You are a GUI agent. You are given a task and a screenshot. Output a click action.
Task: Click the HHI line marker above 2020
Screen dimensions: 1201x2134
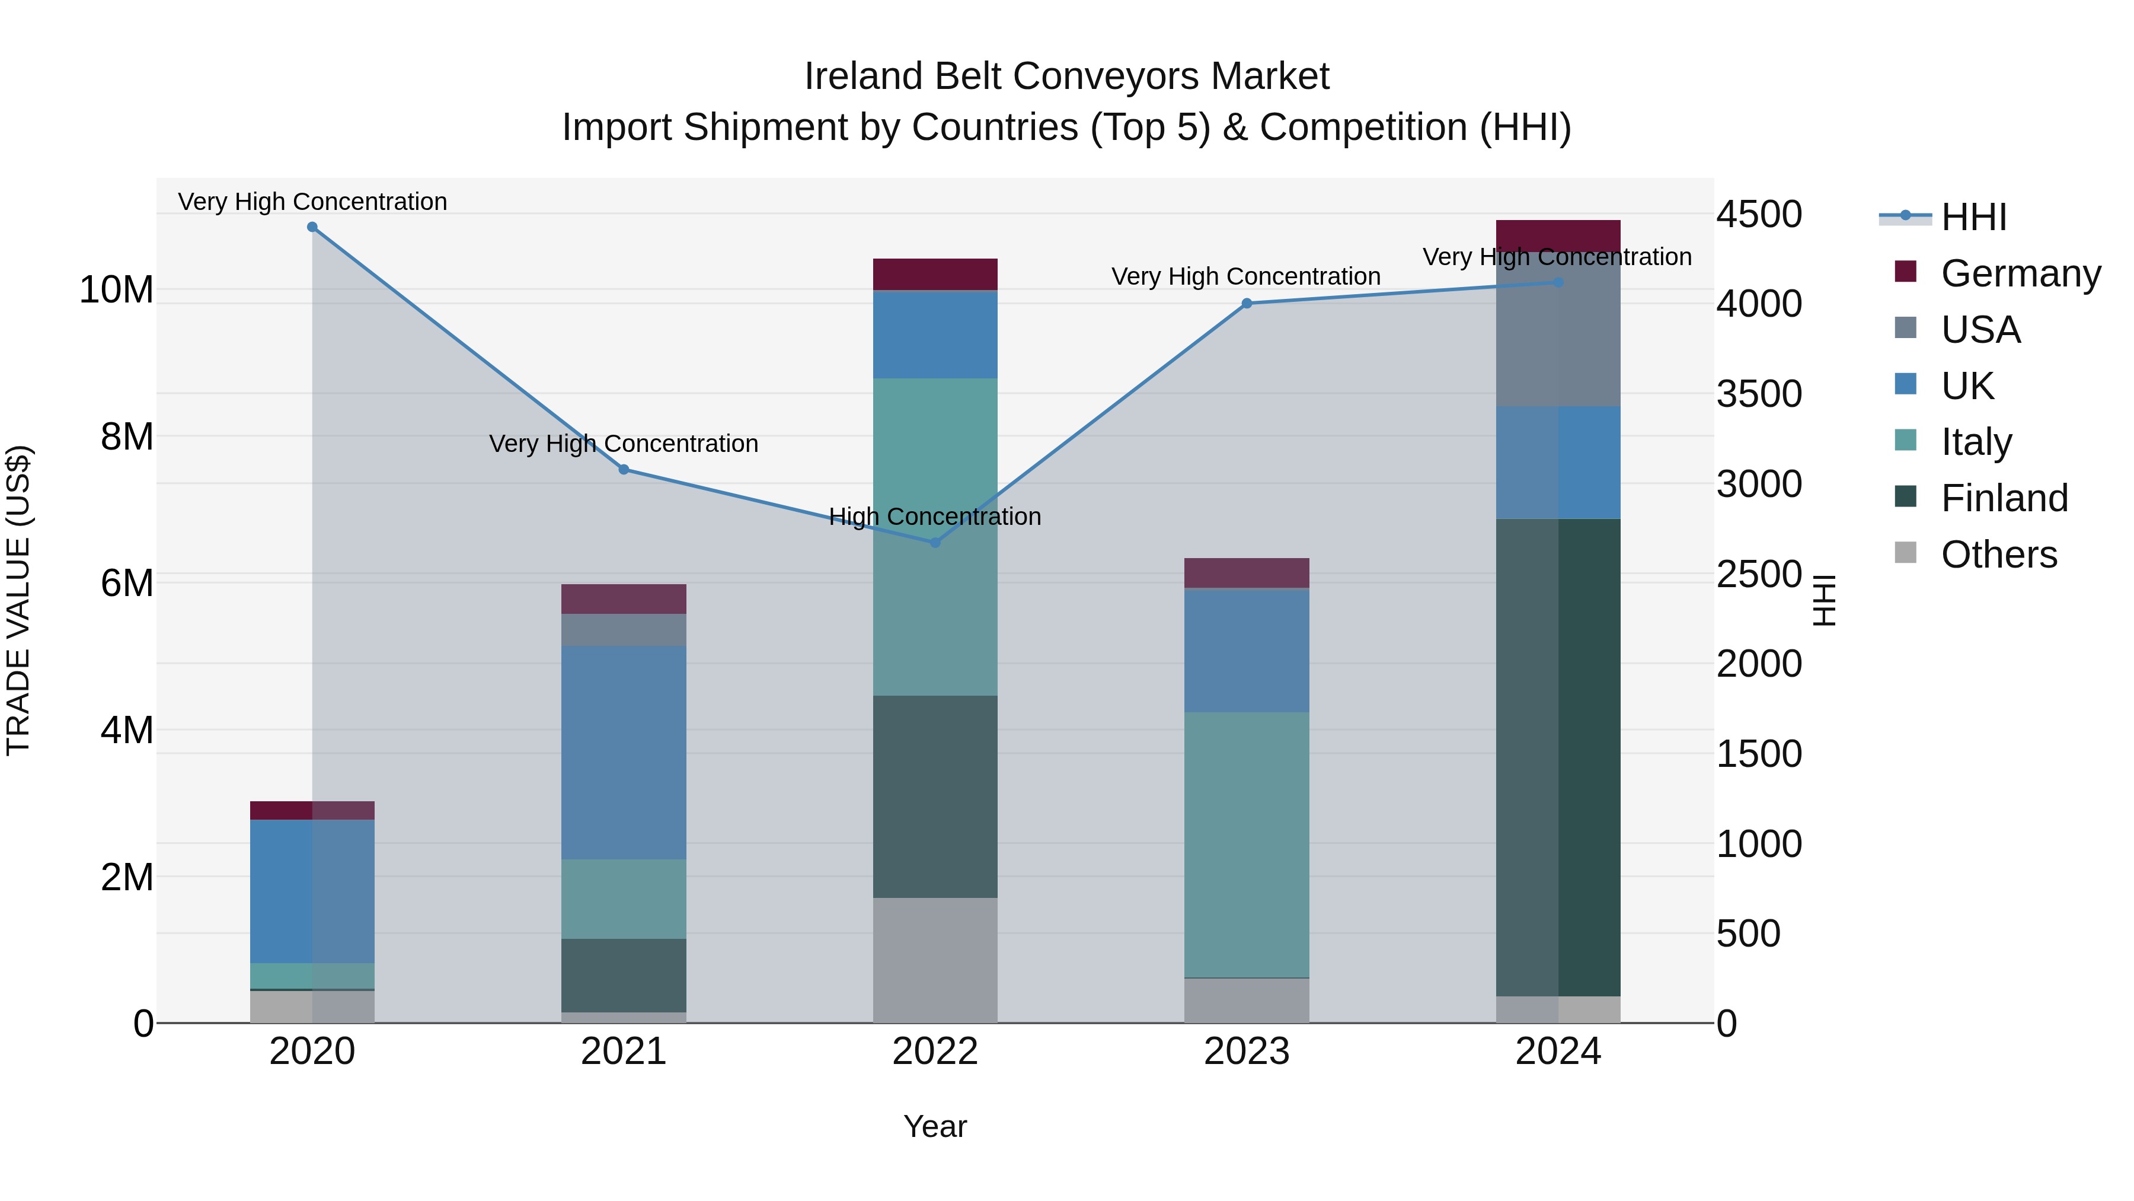pos(312,227)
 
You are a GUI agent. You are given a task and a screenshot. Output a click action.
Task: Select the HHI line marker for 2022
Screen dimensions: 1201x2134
pos(935,543)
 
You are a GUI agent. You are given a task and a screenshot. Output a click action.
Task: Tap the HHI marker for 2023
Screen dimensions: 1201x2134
pos(1247,303)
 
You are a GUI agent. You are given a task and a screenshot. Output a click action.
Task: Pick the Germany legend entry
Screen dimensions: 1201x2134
pos(2020,273)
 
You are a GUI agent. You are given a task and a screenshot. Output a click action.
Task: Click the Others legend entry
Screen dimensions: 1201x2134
pos(1998,555)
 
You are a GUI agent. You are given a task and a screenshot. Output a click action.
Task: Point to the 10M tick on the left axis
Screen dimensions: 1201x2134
pos(116,290)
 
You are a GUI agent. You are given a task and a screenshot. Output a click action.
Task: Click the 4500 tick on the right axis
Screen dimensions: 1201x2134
pos(1759,215)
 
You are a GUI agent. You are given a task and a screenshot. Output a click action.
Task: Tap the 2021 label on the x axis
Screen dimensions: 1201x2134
pos(623,1052)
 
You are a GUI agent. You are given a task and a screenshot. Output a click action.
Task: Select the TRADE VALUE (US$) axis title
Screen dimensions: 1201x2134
pos(18,600)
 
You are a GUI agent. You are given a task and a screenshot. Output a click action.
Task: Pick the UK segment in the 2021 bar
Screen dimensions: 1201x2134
pos(623,752)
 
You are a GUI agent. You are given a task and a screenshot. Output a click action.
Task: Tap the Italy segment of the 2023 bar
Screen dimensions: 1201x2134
pos(1246,845)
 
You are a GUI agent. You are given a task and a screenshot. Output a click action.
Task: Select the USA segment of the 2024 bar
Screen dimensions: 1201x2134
pos(1557,329)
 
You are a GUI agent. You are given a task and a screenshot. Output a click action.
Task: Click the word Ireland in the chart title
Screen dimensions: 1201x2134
pos(864,77)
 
